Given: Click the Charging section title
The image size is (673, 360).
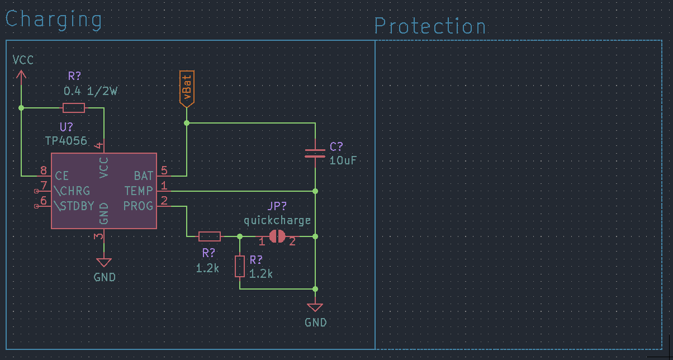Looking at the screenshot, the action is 54,20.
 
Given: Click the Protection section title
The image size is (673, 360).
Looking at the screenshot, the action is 430,26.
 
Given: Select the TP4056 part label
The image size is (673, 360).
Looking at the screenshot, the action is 66,141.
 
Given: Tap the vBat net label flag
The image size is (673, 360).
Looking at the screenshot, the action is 187,89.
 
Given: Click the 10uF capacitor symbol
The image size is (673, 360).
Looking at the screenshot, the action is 315,153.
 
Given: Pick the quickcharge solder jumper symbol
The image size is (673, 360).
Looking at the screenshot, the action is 277,236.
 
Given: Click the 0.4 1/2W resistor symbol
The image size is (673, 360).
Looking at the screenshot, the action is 74,107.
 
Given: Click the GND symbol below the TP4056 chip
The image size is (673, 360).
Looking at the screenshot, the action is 104,262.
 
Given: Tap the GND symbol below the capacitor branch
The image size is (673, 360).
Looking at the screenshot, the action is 315,307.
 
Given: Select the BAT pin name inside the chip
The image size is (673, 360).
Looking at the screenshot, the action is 144,176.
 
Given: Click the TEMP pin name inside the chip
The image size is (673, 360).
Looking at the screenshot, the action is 139,191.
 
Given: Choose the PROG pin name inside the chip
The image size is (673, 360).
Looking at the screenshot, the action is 138,206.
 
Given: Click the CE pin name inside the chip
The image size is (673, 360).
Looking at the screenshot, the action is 62,176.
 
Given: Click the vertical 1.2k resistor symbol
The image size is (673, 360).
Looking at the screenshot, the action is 239,266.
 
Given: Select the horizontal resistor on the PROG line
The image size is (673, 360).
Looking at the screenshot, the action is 210,236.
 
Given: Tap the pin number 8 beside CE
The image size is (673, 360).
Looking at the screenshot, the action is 44,170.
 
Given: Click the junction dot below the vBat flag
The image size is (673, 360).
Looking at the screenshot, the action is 187,123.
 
